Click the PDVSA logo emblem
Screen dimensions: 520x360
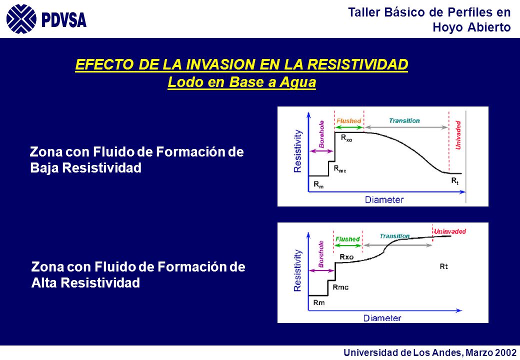21,19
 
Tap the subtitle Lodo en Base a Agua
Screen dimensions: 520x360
242,82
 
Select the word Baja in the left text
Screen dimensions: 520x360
44,167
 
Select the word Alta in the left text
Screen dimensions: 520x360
44,283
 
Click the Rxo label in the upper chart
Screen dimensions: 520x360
346,138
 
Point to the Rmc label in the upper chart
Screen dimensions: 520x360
339,169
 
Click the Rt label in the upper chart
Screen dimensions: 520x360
455,181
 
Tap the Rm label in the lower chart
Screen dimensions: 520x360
318,302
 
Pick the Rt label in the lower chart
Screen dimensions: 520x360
443,266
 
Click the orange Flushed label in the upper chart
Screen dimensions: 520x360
348,120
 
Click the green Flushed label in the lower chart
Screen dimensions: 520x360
347,239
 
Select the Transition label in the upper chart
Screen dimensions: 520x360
404,120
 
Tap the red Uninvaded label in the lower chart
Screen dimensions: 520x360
450,231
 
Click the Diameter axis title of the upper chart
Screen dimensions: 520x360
384,199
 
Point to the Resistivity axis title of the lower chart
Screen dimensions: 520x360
298,270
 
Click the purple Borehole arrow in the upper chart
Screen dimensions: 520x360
321,151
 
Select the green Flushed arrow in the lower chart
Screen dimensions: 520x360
347,245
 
